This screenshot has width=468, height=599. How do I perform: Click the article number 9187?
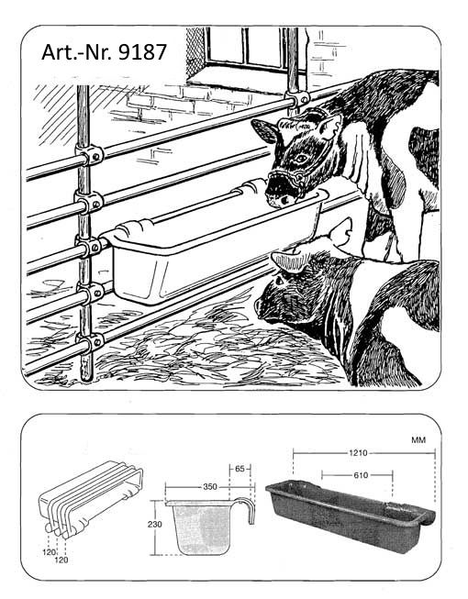point(142,52)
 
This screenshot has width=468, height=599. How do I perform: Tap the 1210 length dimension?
point(358,452)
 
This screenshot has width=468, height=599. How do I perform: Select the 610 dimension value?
point(361,475)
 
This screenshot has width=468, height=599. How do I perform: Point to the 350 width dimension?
point(210,487)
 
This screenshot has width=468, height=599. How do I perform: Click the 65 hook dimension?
point(240,469)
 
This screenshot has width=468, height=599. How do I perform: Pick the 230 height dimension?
point(154,524)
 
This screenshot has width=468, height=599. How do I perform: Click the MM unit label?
point(418,440)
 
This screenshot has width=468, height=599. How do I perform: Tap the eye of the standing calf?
point(301,157)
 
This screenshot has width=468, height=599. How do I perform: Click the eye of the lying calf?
point(278,281)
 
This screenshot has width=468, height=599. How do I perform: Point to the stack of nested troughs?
point(91,500)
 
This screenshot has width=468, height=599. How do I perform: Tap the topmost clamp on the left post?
point(90,155)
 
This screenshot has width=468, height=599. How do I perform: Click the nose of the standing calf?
point(278,196)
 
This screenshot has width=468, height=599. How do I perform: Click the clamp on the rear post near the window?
point(297,99)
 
